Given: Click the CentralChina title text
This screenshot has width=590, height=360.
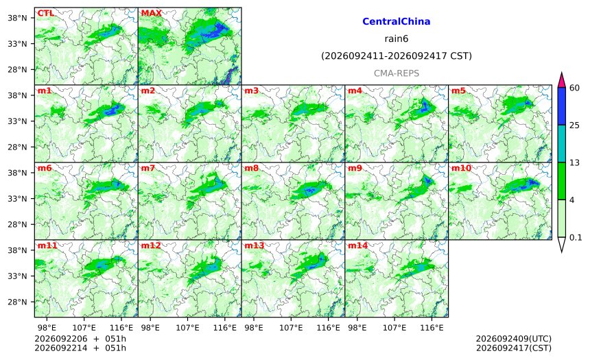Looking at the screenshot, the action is (397, 21).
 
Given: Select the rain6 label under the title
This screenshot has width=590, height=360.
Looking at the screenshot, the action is (397, 39).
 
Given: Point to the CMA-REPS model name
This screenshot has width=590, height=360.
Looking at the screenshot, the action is (397, 73).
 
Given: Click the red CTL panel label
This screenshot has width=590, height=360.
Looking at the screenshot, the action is (45, 13).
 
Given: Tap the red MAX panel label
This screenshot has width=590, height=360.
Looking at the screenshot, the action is (151, 13).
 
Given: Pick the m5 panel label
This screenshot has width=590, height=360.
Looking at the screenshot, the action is (458, 91).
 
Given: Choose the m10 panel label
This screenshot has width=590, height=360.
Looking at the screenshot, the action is (461, 168).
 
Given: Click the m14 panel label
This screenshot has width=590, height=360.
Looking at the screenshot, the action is (357, 245).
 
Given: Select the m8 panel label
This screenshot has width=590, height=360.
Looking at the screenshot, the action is (251, 168).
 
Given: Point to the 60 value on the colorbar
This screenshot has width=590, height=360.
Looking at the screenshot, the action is (575, 88).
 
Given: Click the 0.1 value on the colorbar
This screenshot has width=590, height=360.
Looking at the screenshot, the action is (576, 238).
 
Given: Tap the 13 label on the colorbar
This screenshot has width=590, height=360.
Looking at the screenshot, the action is (575, 163).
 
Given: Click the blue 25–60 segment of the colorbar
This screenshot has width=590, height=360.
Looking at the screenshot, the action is (561, 106).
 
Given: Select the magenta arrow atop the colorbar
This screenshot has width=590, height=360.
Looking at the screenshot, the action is (561, 80).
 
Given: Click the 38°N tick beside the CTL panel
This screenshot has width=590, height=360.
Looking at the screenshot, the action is (17, 18).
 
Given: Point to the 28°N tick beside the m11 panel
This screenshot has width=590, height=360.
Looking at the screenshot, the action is (17, 302).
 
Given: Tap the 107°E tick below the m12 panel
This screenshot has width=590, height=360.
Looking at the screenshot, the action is (187, 328).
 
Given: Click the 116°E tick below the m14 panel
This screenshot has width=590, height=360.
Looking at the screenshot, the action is (432, 328).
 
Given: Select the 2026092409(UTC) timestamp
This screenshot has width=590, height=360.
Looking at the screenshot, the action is (514, 339).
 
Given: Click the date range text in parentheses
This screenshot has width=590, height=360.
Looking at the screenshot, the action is (397, 56).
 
